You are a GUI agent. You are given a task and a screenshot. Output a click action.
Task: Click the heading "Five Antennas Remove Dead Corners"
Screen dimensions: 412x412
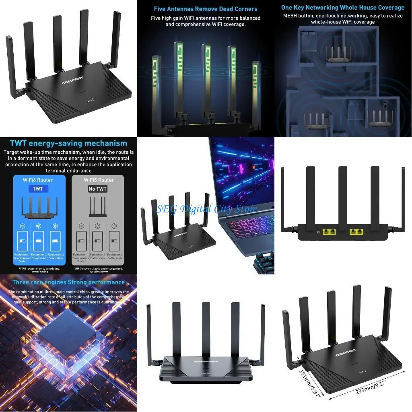tap(206, 9)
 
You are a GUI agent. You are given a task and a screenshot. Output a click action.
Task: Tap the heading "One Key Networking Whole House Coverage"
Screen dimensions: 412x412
tap(343, 8)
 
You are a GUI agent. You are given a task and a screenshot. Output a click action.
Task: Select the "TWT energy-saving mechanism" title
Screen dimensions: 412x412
tap(68, 143)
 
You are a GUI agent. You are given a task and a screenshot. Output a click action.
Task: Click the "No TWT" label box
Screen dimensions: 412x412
tap(98, 189)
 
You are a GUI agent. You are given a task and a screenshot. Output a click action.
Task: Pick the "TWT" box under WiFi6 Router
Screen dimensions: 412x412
tap(38, 189)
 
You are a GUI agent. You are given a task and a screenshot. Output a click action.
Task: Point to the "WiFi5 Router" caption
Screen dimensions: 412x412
tap(99, 180)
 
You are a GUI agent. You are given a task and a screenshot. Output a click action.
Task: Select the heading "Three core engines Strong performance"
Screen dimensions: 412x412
tap(68, 282)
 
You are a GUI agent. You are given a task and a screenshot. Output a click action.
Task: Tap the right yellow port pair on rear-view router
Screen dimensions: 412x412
tap(357, 232)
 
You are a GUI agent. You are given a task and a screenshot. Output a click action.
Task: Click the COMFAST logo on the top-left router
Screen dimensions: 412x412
tap(73, 83)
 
